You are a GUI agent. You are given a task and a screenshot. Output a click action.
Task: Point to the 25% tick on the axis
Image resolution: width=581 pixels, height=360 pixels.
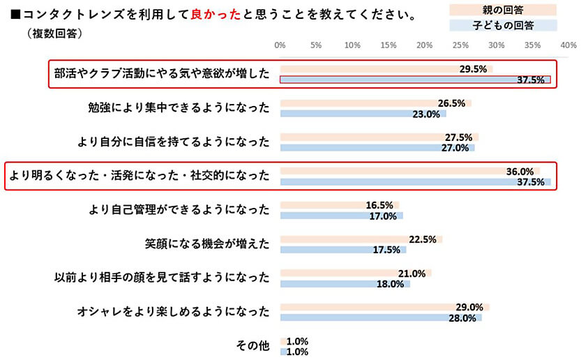pos(460,46)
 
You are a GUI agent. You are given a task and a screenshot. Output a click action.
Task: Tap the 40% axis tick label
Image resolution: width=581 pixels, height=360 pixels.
pos(568,46)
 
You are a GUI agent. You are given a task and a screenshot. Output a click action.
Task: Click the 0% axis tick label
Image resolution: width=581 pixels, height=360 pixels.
pos(280,46)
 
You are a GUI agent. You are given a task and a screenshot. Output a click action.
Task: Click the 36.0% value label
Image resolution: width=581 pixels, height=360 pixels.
pos(520,171)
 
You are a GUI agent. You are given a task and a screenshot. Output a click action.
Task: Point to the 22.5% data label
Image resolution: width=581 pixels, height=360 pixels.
pos(423,239)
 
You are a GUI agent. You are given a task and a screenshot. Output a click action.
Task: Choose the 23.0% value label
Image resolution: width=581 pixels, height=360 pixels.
pos(426,114)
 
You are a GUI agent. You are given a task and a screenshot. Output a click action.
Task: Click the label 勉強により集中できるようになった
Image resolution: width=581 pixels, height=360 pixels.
pos(179,108)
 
